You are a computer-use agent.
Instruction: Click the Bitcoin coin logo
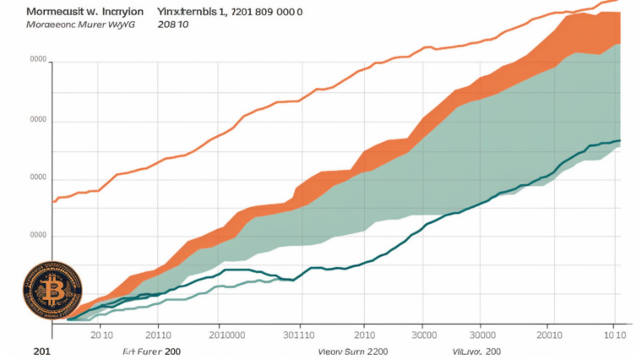pyautogui.click(x=52, y=290)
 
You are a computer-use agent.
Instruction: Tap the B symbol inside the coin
pyautogui.click(x=52, y=291)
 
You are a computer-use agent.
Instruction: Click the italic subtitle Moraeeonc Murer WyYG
pyautogui.click(x=68, y=26)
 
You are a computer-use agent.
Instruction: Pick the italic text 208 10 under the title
pyautogui.click(x=174, y=26)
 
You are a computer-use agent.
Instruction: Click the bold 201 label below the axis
pyautogui.click(x=42, y=349)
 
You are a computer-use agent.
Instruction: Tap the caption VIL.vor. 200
pyautogui.click(x=477, y=349)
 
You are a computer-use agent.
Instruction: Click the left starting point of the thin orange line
pyautogui.click(x=53, y=201)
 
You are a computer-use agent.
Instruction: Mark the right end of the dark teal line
pyautogui.click(x=620, y=140)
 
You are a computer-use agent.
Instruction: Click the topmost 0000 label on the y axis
pyautogui.click(x=38, y=61)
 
